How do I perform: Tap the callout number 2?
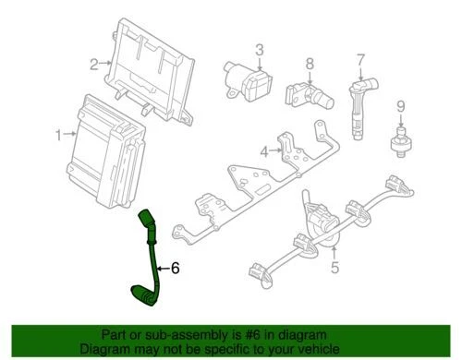(93, 64)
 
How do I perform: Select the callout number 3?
(260, 48)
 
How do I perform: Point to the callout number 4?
(263, 150)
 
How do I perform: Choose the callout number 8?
(310, 64)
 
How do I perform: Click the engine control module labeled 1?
(104, 138)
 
